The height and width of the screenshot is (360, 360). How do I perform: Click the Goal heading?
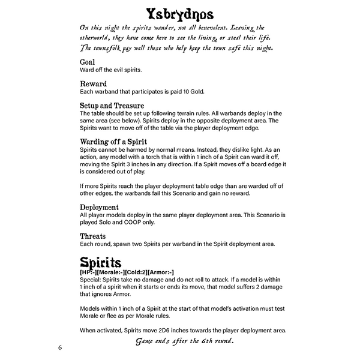pyautogui.click(x=87, y=62)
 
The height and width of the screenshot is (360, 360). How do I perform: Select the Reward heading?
pyautogui.click(x=93, y=84)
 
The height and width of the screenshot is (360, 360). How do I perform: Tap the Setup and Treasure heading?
pyautogui.click(x=112, y=106)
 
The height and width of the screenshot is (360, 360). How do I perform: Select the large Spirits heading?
pyautogui.click(x=101, y=262)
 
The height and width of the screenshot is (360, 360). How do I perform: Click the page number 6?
pyautogui.click(x=60, y=347)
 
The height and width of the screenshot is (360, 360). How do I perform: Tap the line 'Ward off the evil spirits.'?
pyautogui.click(x=111, y=70)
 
